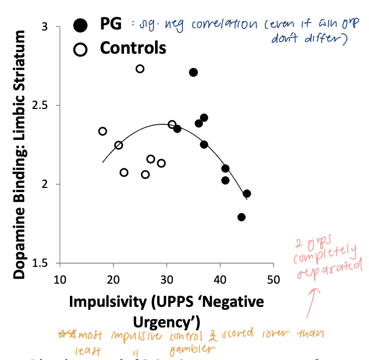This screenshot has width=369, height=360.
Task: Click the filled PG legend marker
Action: pos(80,24)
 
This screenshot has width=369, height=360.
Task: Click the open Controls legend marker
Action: pos(80,49)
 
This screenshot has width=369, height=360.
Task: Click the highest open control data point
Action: pos(140,69)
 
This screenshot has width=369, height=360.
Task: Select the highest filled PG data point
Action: pos(193,72)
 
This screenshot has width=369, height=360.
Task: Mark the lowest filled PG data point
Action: pos(241,217)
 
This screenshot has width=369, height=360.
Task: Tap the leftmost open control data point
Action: pos(102,131)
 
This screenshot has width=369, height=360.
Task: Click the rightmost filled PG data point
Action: pos(247,194)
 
